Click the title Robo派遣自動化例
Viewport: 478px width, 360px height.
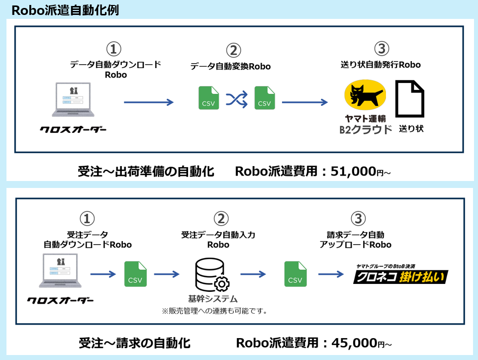click(65, 10)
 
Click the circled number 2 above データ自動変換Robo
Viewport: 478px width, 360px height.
click(233, 50)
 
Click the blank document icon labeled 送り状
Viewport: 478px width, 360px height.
click(410, 98)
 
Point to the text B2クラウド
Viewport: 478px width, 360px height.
click(366, 130)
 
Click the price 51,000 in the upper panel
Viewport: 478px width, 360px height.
click(354, 172)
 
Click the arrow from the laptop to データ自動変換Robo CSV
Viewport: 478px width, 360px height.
click(148, 102)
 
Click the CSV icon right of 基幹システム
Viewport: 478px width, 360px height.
click(294, 274)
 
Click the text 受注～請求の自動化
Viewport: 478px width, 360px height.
click(134, 343)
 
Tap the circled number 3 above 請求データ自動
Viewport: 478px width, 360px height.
click(358, 219)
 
